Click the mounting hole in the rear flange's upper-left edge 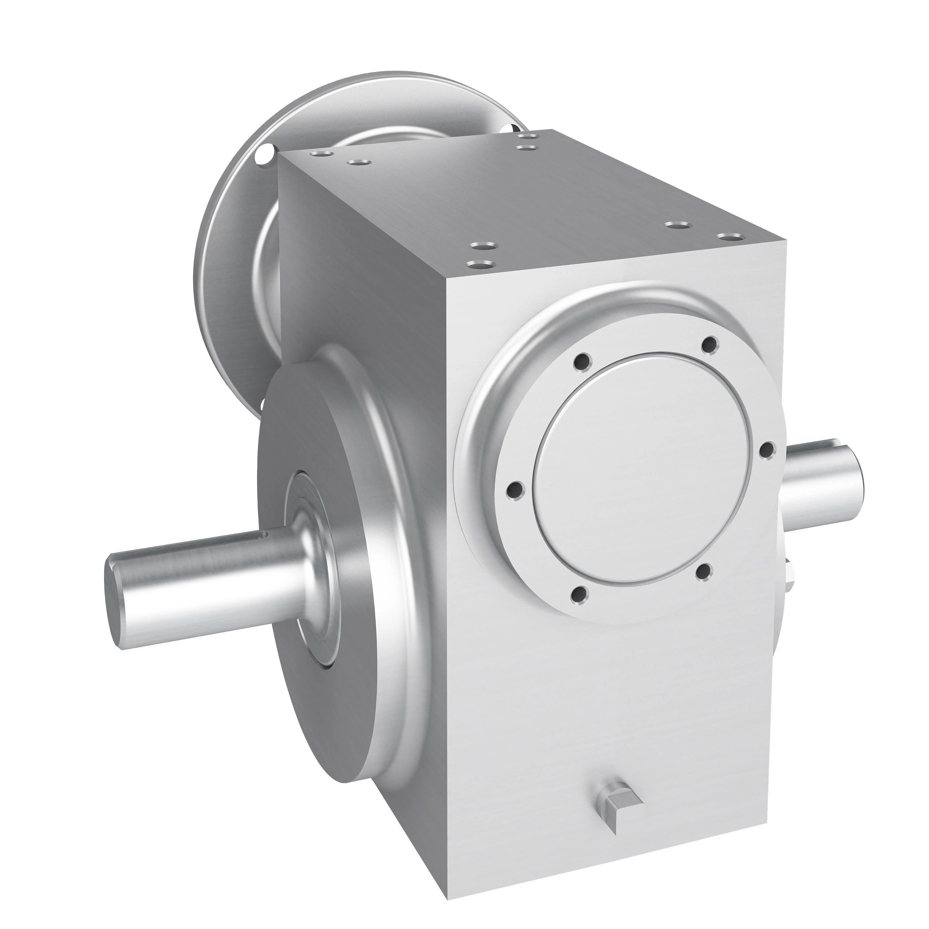click(x=264, y=155)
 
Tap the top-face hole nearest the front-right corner click(x=731, y=236)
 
